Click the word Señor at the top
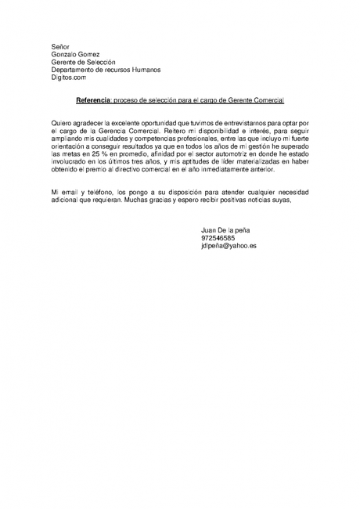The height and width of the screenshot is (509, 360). pyautogui.click(x=60, y=47)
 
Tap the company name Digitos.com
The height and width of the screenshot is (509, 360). pyautogui.click(x=69, y=78)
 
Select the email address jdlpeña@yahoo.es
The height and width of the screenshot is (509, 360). pyautogui.click(x=229, y=246)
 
